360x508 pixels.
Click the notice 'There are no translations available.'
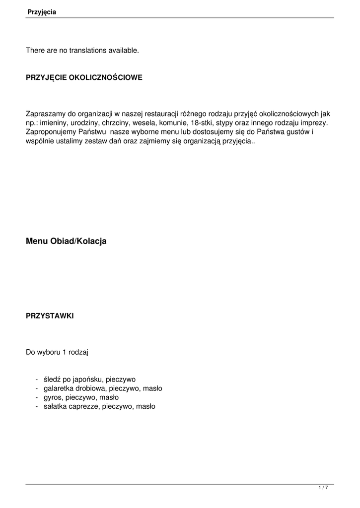coord(82,50)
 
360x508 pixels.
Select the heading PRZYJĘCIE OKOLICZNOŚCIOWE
coord(84,78)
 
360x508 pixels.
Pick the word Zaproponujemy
coord(51,131)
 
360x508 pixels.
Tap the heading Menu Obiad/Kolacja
coord(66,241)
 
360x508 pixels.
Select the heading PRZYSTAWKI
coord(50,316)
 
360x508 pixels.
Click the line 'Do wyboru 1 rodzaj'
coord(57,353)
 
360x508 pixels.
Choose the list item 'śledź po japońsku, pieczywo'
coord(89,380)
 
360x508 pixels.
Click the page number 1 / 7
coord(323,488)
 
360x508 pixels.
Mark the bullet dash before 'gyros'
coord(37,397)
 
